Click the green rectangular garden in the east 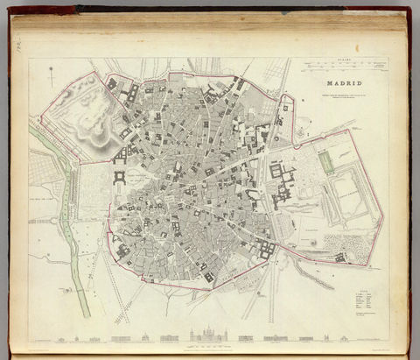(x=327, y=162)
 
